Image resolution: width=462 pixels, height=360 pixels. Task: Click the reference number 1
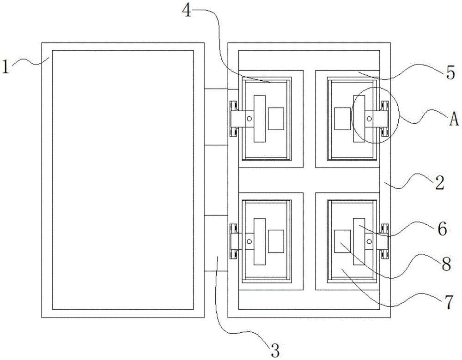tap(6, 67)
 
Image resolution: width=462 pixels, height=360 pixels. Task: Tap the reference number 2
tap(438, 183)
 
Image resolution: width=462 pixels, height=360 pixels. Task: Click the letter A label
tap(454, 120)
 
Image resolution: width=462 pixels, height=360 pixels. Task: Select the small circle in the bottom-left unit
tap(249, 241)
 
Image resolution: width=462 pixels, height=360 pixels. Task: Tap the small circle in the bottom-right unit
tap(369, 241)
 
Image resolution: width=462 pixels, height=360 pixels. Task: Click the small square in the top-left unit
tap(276, 118)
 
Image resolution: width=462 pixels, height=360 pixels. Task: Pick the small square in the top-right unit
tap(342, 118)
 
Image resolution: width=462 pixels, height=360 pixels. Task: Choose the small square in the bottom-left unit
tap(276, 241)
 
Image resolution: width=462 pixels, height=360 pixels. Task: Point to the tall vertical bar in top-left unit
tap(260, 119)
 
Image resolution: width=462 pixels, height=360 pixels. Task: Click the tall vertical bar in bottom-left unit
tap(260, 241)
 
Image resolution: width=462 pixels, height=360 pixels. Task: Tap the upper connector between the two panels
tap(216, 117)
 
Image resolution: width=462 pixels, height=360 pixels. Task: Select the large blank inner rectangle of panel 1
tap(122, 180)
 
